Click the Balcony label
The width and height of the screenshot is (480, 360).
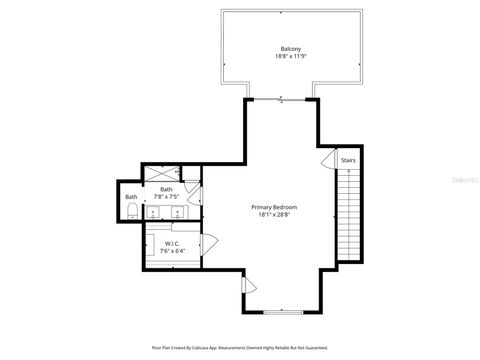(290, 49)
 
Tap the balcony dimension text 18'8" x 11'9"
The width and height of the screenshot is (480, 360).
(290, 57)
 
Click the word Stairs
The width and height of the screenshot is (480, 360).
(348, 160)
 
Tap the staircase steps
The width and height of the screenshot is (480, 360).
(349, 215)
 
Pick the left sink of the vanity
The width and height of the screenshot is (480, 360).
(153, 212)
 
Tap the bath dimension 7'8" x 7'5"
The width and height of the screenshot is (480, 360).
(167, 197)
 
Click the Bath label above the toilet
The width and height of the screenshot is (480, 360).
(131, 196)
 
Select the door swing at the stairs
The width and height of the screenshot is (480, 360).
(328, 160)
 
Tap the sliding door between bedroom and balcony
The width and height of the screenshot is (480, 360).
(281, 99)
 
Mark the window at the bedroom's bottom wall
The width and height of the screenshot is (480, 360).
(281, 311)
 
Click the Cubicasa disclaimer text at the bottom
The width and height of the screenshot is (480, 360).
(240, 347)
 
